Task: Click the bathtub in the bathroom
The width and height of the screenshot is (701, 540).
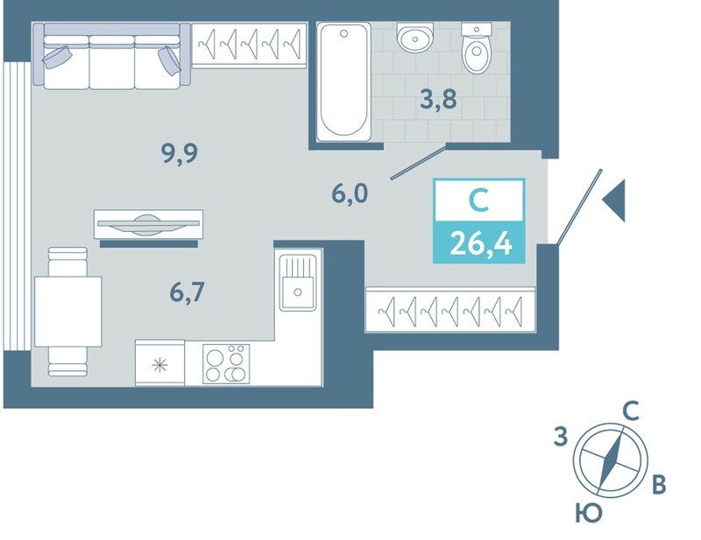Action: click(343, 81)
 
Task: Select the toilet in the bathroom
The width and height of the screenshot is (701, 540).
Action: click(477, 48)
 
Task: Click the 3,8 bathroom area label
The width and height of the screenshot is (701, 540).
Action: click(439, 99)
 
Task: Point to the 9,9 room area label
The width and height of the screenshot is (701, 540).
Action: click(180, 154)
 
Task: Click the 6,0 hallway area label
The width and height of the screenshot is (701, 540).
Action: click(350, 194)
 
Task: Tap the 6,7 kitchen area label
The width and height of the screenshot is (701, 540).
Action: click(187, 292)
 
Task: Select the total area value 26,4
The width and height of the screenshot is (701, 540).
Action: click(480, 244)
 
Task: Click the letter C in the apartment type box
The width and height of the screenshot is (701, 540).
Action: click(478, 200)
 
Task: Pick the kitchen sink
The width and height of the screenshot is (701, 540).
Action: click(297, 283)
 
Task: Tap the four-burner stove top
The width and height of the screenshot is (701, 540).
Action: click(226, 363)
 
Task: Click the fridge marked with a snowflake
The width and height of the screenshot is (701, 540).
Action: click(159, 362)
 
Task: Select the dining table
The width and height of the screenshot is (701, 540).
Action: click(68, 312)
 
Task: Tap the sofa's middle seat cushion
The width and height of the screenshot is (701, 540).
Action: click(112, 62)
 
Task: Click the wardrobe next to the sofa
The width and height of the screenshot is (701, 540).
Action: click(250, 46)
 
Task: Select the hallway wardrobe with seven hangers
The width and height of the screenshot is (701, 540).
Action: click(450, 310)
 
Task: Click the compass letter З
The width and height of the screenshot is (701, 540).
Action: click(561, 436)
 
